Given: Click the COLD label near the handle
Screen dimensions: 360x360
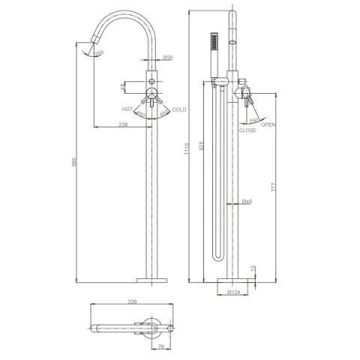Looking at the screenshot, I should [179, 109].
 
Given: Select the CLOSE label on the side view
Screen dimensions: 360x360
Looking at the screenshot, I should [247, 130].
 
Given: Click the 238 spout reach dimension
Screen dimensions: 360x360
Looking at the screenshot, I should [124, 125].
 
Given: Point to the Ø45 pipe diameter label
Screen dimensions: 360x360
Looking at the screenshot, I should [247, 201].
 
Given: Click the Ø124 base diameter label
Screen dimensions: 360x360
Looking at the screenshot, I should [232, 292].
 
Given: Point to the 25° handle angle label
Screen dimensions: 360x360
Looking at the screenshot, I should [253, 120].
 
